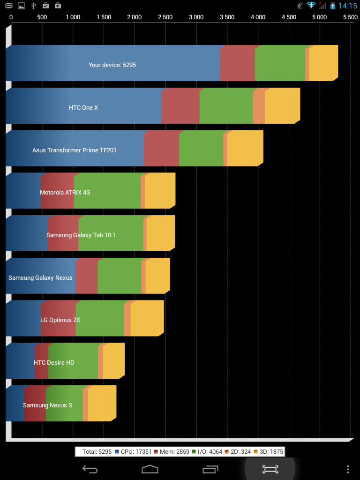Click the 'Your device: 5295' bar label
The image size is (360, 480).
click(112, 65)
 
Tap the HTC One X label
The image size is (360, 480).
click(83, 108)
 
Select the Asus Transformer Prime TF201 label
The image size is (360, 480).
click(75, 150)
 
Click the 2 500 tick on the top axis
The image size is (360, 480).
click(165, 17)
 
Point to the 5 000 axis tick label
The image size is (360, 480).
click(320, 17)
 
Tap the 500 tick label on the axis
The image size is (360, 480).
click(42, 17)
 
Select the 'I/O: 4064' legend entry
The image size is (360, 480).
click(207, 451)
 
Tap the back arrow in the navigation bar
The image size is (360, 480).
click(90, 469)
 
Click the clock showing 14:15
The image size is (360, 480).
click(348, 6)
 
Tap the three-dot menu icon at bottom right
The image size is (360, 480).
click(348, 469)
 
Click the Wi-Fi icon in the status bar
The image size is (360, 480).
click(311, 5)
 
